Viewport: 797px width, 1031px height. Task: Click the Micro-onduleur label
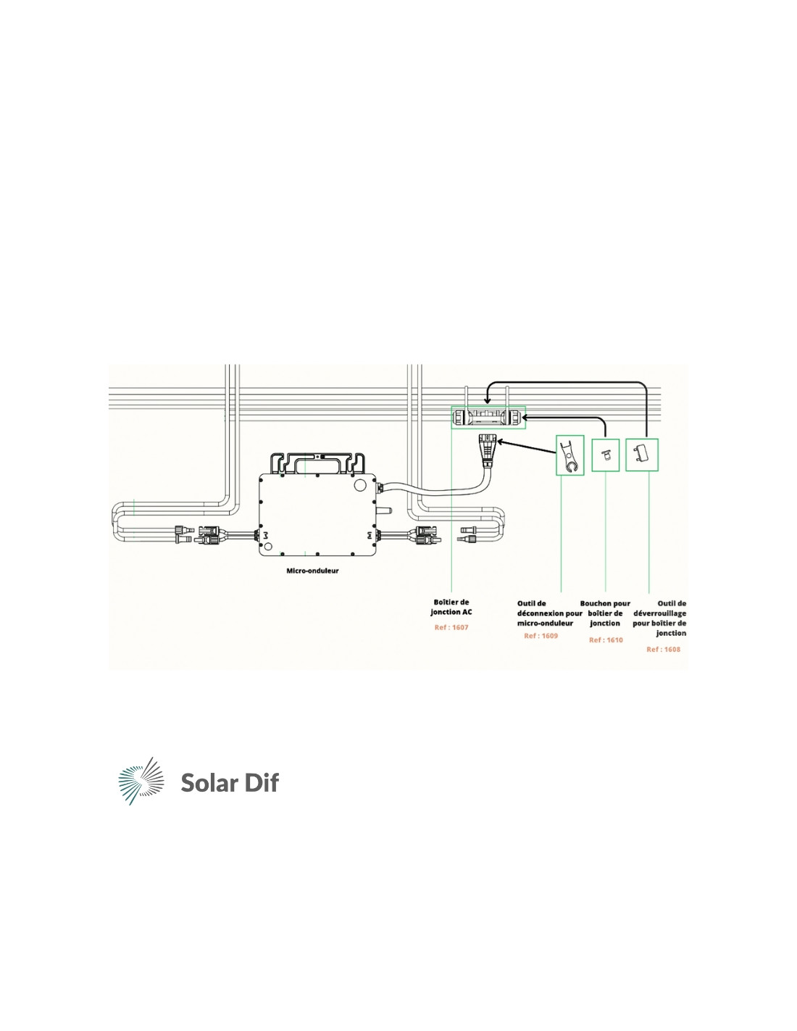coord(312,571)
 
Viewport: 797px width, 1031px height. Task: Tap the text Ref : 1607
coord(451,627)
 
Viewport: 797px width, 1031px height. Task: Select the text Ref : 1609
coord(541,636)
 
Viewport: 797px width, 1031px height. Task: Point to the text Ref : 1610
coord(606,640)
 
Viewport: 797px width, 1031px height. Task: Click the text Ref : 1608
coord(663,650)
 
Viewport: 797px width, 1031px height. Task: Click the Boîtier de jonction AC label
coord(451,608)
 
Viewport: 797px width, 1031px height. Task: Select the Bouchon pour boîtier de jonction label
coord(606,613)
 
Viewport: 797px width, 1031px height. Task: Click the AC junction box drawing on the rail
coord(488,417)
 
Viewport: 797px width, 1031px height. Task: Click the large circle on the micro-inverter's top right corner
coord(359,485)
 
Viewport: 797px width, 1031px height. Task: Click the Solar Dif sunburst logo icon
coord(141,781)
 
